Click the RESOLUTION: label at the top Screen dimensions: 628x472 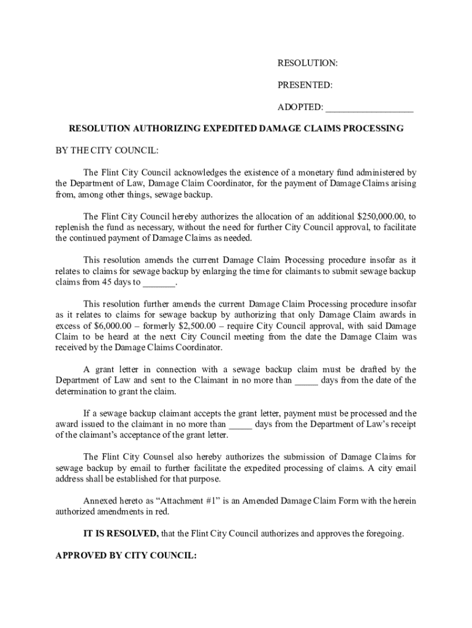308,63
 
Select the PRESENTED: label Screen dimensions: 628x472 305,85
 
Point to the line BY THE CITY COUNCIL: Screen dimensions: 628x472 107,150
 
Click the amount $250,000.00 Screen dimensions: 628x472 381,216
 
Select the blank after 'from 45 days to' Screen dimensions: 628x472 159,283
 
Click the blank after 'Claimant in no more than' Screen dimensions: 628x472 306,381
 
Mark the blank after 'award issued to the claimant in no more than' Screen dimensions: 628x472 240,424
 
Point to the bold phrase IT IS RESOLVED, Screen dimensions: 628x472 121,534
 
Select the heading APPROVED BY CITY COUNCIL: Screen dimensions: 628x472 126,556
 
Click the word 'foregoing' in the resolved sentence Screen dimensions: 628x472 384,534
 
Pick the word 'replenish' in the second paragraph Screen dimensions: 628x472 73,228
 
